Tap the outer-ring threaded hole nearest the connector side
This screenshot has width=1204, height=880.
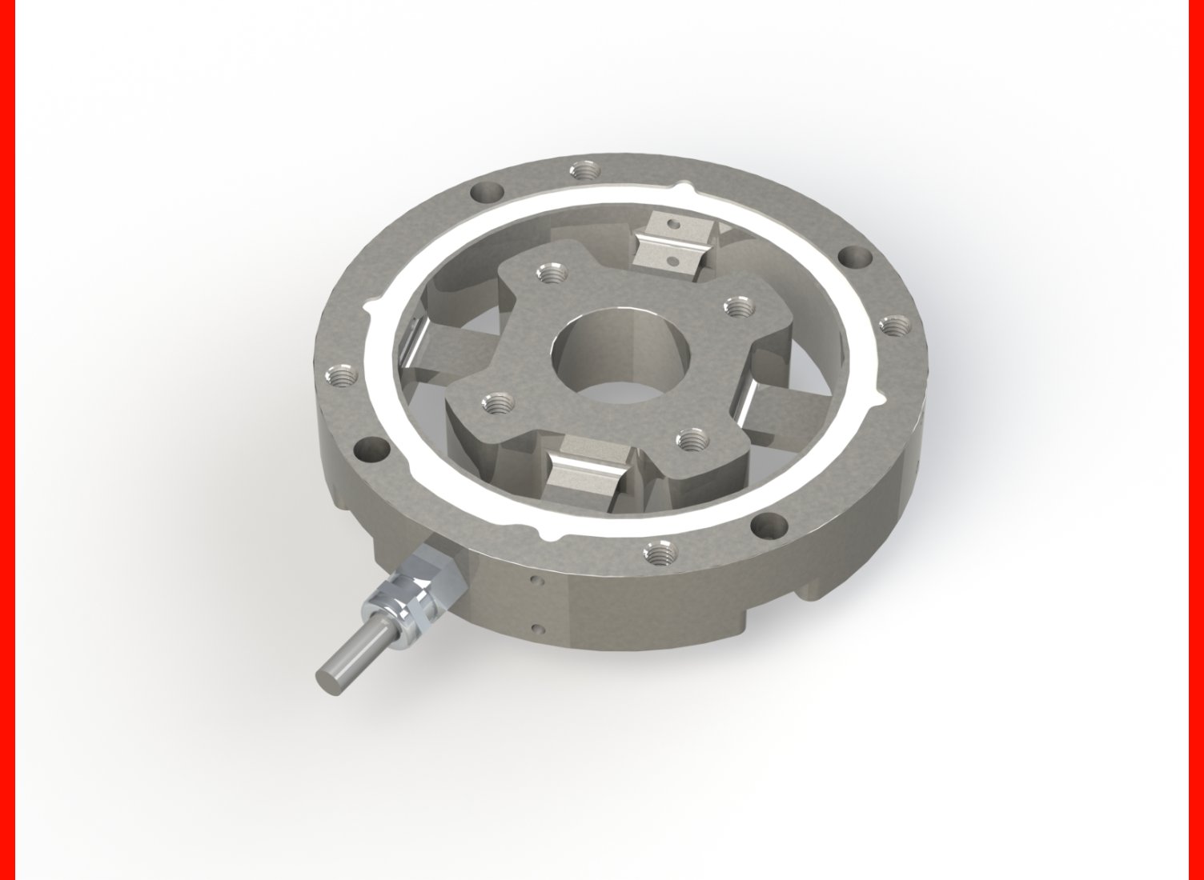(660, 550)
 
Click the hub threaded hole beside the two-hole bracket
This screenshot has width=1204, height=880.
(550, 274)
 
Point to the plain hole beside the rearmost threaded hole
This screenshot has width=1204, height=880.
(487, 193)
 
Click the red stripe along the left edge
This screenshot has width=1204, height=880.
(7, 440)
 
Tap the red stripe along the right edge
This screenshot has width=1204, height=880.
(1196, 440)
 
